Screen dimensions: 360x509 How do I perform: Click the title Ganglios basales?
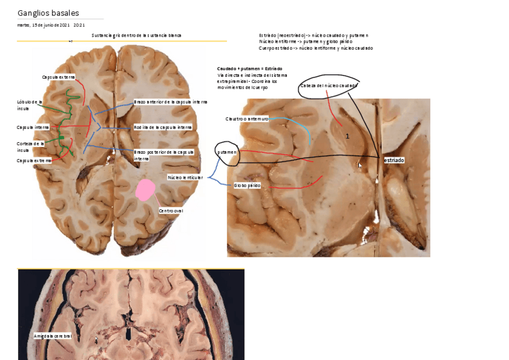click(x=48, y=13)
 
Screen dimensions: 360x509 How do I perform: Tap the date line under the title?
click(x=51, y=25)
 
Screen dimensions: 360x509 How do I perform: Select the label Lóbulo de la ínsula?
click(x=29, y=105)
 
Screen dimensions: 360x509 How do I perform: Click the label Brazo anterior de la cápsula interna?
click(x=170, y=102)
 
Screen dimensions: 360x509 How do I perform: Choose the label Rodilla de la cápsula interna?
click(x=163, y=127)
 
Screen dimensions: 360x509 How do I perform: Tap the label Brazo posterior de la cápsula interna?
click(x=164, y=155)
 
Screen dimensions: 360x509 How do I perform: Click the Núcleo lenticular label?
click(x=185, y=178)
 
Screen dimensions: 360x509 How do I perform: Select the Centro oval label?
click(x=170, y=211)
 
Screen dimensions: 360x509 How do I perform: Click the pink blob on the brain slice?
click(x=145, y=190)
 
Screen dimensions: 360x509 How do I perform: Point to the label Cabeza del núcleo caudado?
click(x=328, y=86)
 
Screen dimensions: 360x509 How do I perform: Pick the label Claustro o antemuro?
click(x=247, y=119)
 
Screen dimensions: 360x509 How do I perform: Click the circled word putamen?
click(x=227, y=152)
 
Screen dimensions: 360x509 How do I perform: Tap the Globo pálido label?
click(x=247, y=186)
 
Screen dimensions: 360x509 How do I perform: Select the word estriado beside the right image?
click(x=394, y=160)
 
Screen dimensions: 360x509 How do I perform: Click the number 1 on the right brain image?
click(x=348, y=137)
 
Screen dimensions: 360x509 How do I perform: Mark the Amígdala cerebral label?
click(x=53, y=336)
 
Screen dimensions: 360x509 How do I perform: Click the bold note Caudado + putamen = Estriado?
click(x=249, y=69)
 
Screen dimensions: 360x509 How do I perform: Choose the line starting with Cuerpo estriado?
click(x=316, y=48)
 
